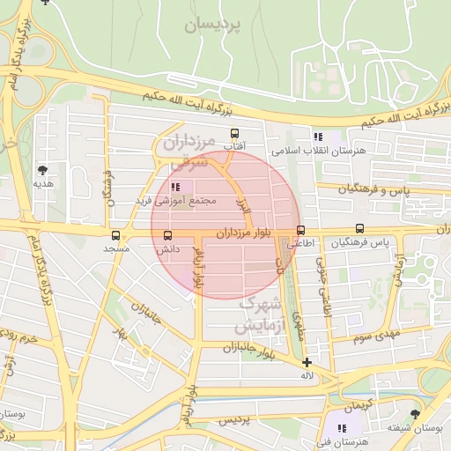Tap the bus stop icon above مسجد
click(x=115, y=235)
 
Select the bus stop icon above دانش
click(x=167, y=235)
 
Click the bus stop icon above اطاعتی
click(x=300, y=230)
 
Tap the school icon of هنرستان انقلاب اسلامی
click(x=318, y=137)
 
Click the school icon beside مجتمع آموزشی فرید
click(x=174, y=187)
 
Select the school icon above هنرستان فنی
click(x=341, y=428)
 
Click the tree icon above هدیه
click(x=42, y=170)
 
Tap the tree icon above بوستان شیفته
click(x=414, y=413)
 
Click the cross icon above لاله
click(x=307, y=362)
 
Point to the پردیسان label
click(x=212, y=26)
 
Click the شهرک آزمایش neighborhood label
click(x=259, y=315)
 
